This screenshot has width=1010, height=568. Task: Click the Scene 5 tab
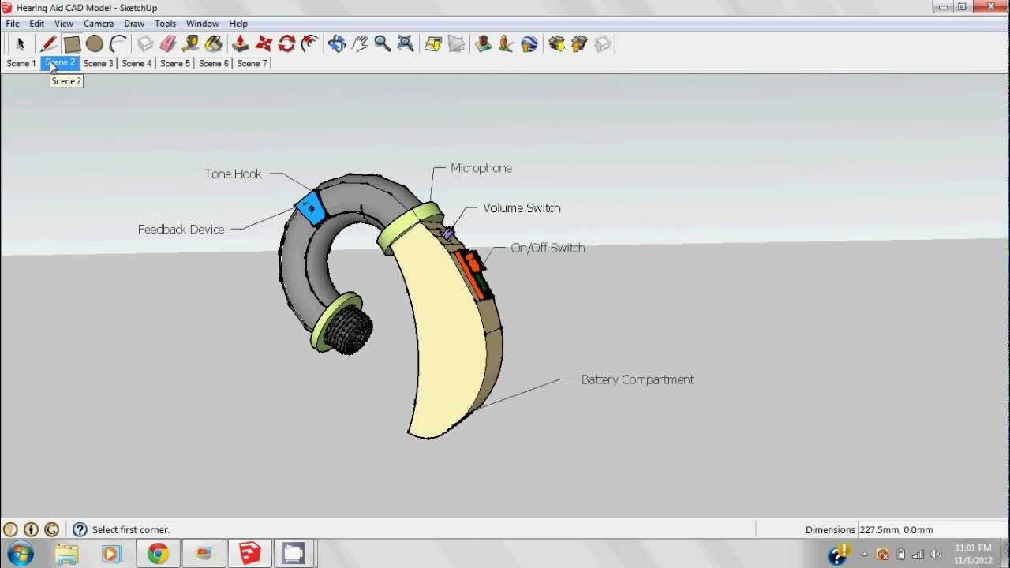coord(175,63)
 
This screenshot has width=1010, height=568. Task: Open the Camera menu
coord(99,24)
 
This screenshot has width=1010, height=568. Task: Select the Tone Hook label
coord(233,174)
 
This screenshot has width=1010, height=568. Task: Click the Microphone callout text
coord(481,168)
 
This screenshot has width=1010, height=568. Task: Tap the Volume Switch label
coord(522,208)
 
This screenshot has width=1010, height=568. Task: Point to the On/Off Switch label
coord(548,248)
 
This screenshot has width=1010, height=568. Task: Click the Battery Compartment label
coord(638,379)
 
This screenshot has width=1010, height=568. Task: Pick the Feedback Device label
coord(181,230)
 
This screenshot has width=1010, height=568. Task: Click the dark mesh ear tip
coord(348,330)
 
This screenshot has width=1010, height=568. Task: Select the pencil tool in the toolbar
coord(48,44)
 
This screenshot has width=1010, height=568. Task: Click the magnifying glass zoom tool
coord(383,44)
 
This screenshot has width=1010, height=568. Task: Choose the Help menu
coord(238,24)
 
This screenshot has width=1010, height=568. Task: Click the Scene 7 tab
coord(252,63)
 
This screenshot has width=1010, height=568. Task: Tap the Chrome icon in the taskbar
coord(158,554)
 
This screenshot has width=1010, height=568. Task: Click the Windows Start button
coord(21,554)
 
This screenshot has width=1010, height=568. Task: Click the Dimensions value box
coord(931,530)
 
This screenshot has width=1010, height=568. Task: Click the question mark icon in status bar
coord(80,530)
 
